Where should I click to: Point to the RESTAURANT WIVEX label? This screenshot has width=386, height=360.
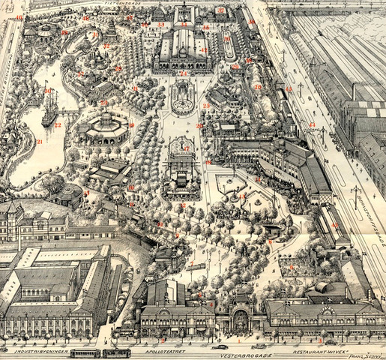(x=307, y=349)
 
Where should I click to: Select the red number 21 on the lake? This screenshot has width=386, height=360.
(x=39, y=141)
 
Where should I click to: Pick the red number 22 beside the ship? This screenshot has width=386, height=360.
(x=58, y=125)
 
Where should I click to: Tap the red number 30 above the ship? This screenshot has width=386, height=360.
(x=46, y=91)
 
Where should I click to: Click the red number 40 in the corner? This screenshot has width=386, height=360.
(x=19, y=17)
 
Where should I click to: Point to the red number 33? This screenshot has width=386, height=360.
(x=161, y=25)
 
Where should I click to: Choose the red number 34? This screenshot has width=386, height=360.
(x=184, y=25)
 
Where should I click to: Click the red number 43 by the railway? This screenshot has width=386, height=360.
(x=313, y=124)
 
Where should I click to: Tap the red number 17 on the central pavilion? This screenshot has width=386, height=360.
(x=186, y=149)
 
